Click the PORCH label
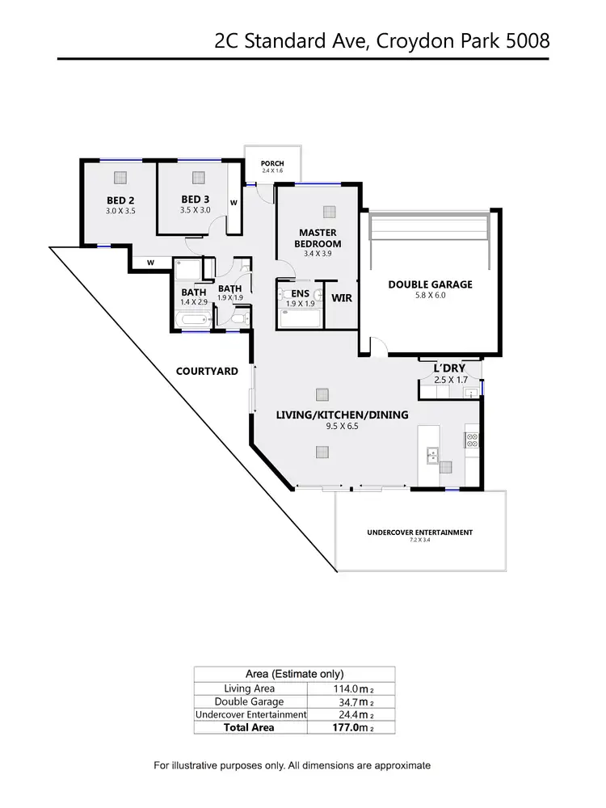pos(272,164)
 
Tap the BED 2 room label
pos(121,200)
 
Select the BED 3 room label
pos(196,200)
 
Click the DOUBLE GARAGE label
pos(430,284)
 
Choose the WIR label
pos(341,297)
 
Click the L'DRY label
pos(450,368)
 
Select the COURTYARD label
pos(207,372)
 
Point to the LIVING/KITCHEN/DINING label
pos(342,415)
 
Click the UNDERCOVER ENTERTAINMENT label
pos(419,532)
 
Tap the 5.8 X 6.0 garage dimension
pos(429,296)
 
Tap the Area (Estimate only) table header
pos(294,673)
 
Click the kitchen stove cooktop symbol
pos(472,440)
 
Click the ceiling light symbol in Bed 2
pos(120,178)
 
